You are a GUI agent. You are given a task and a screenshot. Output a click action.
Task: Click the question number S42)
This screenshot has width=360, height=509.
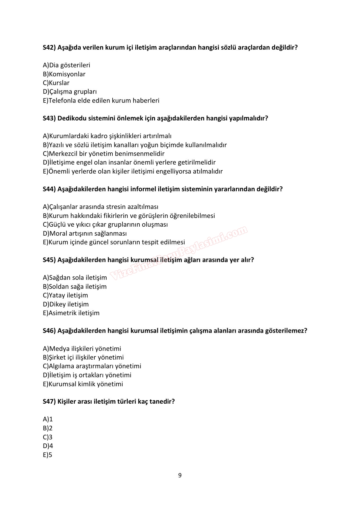(49, 47)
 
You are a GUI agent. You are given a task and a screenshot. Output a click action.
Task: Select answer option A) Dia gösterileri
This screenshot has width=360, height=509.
(66, 65)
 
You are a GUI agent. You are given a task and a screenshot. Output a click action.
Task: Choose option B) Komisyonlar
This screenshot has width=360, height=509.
(64, 74)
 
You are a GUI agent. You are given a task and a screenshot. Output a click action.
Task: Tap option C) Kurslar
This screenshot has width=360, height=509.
(56, 83)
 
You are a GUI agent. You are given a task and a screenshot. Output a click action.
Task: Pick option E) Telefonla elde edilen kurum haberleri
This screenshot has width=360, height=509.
(101, 100)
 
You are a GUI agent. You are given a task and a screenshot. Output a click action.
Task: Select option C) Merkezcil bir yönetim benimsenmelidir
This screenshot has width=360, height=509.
(104, 154)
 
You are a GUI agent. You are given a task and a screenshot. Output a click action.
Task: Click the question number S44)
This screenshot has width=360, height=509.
(49, 189)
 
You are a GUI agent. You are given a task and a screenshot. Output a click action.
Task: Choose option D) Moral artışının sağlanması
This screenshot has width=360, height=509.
(85, 233)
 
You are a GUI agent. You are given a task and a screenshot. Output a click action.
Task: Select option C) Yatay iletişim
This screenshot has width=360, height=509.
(65, 295)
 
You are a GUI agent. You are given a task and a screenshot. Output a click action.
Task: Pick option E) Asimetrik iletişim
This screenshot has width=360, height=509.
(71, 313)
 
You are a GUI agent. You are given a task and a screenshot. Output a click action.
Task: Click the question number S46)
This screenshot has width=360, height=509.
(49, 331)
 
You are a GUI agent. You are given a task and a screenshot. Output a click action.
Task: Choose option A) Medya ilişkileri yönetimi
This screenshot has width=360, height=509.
(82, 349)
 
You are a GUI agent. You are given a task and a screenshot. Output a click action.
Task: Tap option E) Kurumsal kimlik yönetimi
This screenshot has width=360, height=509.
(83, 384)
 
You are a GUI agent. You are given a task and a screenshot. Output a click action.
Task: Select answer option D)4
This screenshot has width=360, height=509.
(48, 446)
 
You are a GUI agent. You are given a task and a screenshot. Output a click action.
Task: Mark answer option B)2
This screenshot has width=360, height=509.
(48, 428)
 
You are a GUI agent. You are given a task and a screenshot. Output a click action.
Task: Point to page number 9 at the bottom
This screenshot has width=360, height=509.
(180, 475)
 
